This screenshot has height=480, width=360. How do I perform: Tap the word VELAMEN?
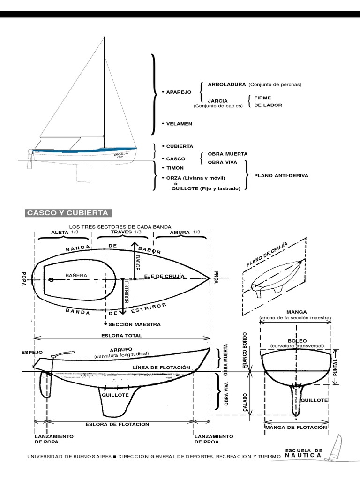tap(179, 124)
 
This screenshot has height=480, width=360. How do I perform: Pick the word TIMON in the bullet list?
tap(175, 167)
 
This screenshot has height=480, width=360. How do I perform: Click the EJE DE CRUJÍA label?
tap(164, 276)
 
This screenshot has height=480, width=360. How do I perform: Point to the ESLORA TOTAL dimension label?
tap(121, 336)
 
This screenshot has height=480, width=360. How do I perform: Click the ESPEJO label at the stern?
tap(29, 352)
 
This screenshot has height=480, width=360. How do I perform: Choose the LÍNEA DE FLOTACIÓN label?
tap(161, 367)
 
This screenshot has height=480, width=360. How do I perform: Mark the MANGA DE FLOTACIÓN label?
tap(295, 427)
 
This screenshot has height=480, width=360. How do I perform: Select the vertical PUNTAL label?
tap(335, 367)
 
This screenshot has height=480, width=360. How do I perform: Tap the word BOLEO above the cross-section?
tap(297, 340)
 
